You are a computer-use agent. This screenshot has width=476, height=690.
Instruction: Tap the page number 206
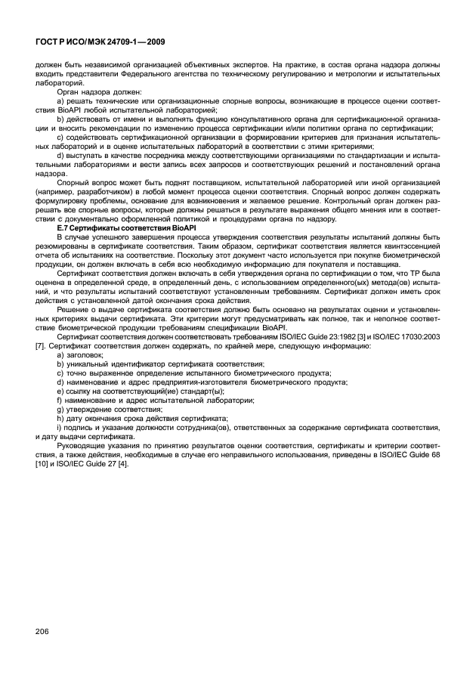[45, 630]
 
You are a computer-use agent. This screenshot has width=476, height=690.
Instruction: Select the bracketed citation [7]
[40, 345]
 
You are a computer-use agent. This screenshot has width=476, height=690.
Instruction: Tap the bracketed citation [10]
[42, 463]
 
